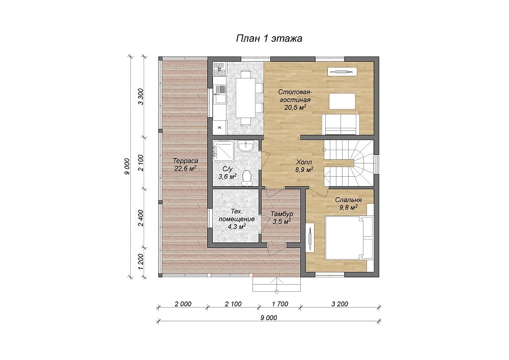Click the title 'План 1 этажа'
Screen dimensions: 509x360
tap(269, 38)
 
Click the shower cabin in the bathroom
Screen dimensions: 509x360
tap(223, 151)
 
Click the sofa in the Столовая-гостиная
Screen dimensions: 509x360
tap(341, 124)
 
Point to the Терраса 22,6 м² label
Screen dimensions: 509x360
tap(185, 164)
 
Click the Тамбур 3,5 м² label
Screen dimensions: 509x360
tap(282, 218)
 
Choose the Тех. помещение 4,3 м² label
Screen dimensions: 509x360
tap(236, 219)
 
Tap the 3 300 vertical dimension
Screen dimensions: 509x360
tap(140, 96)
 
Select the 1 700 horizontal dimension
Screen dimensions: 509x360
tap(280, 304)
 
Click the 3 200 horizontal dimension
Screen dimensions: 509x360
tap(340, 304)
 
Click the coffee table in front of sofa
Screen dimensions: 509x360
tap(342, 101)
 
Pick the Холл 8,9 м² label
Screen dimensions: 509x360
tap(304, 165)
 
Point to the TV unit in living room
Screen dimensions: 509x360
tap(343, 72)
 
